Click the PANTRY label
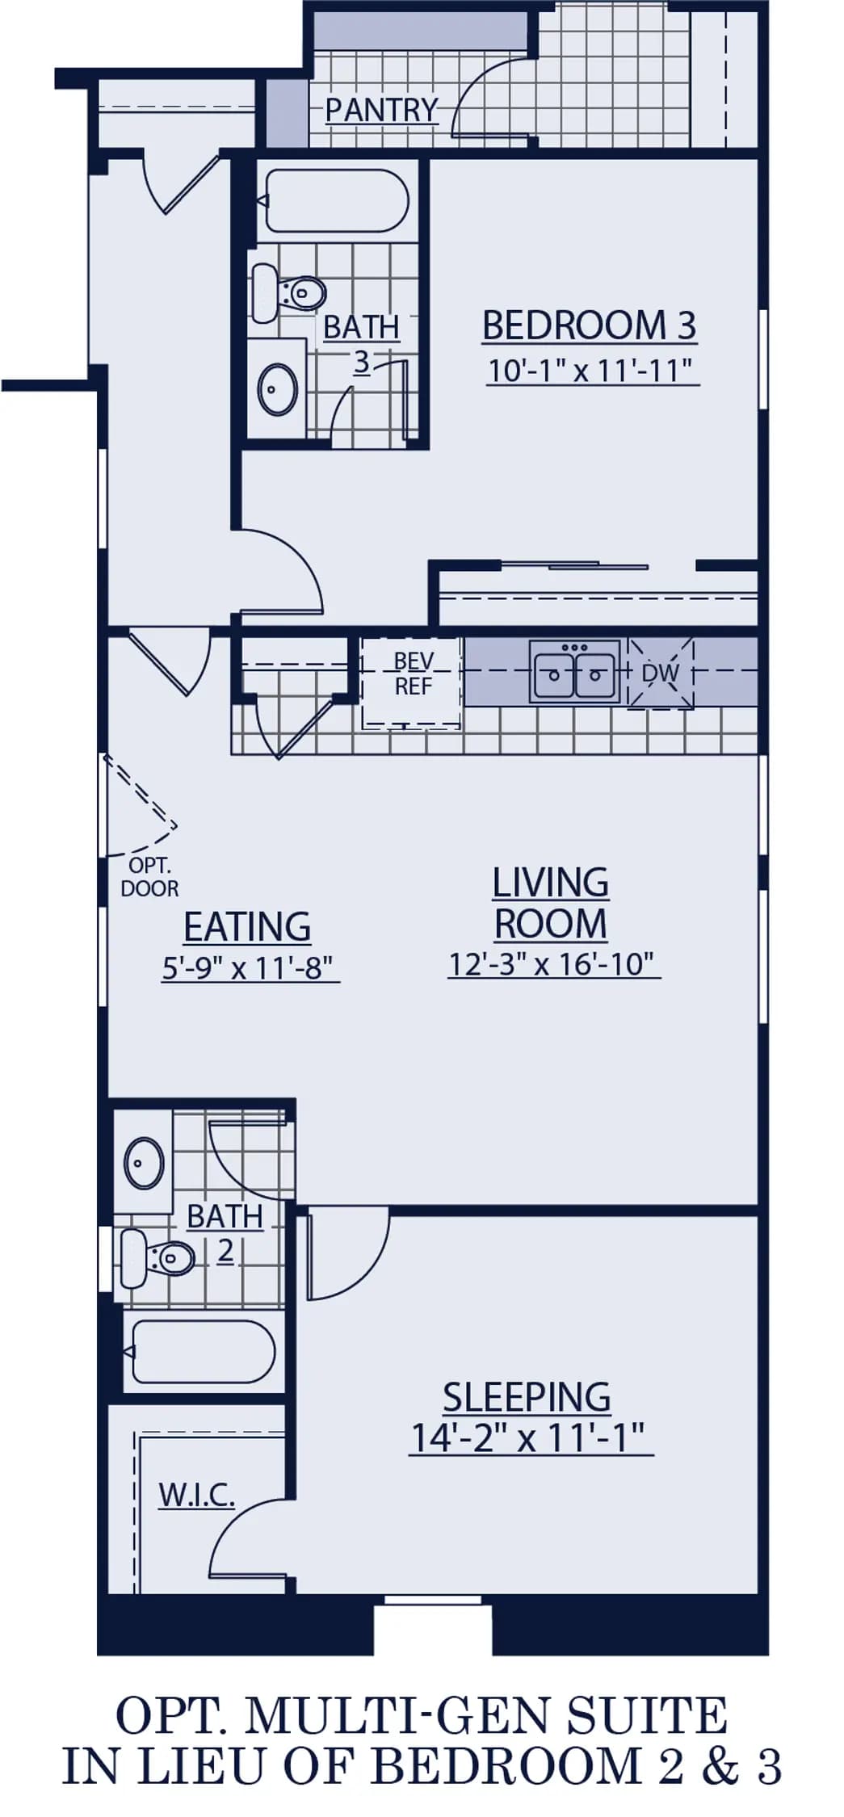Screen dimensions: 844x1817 [x=381, y=110]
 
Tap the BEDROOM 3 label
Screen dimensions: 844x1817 [x=589, y=325]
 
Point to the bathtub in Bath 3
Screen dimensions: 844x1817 [x=336, y=200]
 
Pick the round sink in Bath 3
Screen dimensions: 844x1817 [x=277, y=389]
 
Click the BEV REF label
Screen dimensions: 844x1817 [x=413, y=674]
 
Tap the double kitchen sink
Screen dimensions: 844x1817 [x=575, y=671]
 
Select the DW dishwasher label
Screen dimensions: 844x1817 [x=661, y=673]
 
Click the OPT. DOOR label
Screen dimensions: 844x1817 [x=149, y=877]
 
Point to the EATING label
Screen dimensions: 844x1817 [x=247, y=926]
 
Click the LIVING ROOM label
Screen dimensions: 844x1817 [x=551, y=903]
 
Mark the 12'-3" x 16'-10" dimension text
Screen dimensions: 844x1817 [x=552, y=964]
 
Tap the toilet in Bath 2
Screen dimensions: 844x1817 [x=157, y=1258]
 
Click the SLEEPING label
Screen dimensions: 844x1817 [x=527, y=1397]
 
